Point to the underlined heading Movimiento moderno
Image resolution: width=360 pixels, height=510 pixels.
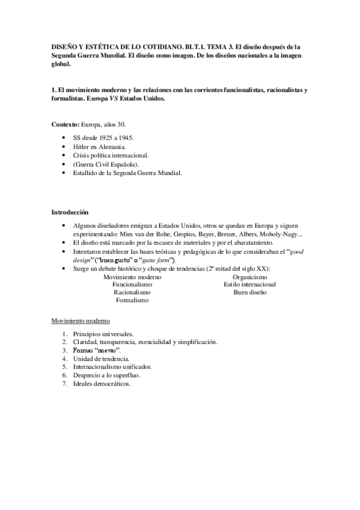click(80, 322)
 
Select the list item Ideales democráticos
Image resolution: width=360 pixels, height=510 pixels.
click(102, 383)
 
